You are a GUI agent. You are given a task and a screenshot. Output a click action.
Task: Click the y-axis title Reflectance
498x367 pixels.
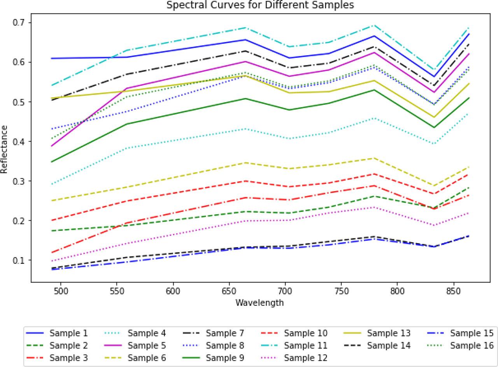coord(4,149)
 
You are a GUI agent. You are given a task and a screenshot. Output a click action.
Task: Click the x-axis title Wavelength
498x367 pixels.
coord(260,302)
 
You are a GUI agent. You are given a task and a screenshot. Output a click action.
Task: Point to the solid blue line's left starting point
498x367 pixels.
coord(52,58)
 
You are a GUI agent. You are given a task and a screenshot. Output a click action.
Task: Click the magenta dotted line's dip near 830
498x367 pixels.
coord(434,225)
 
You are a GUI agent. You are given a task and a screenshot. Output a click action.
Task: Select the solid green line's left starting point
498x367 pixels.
coord(52,162)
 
